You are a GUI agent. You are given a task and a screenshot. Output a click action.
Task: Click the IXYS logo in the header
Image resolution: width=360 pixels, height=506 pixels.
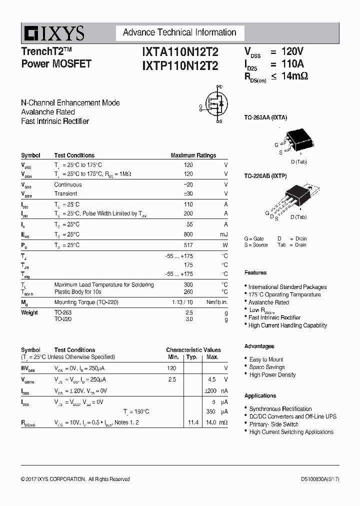pos(52,33)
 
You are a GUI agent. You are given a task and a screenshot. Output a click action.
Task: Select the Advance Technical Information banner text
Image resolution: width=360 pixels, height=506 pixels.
pos(179,32)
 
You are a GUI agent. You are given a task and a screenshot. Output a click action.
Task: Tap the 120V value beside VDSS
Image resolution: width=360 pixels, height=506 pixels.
pos(292,51)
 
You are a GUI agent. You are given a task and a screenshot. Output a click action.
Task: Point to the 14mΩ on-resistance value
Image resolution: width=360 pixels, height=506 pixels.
pos(294,76)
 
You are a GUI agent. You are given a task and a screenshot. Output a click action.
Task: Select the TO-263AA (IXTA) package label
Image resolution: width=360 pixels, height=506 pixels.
pos(265,117)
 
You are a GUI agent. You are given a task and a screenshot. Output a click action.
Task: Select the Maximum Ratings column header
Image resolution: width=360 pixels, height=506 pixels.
pos(193,155)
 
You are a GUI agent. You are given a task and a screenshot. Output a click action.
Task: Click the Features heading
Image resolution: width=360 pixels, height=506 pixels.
pos(255,272)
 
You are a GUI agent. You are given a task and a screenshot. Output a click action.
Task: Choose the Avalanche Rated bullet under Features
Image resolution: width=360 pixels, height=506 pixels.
pos(268,302)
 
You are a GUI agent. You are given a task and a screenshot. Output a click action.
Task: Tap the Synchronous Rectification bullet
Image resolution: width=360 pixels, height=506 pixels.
pos(280,409)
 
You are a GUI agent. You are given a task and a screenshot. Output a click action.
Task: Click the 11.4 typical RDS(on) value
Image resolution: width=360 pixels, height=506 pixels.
pos(193,422)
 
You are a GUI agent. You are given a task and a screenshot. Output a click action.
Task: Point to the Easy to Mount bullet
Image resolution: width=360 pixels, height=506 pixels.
pos(266,359)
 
